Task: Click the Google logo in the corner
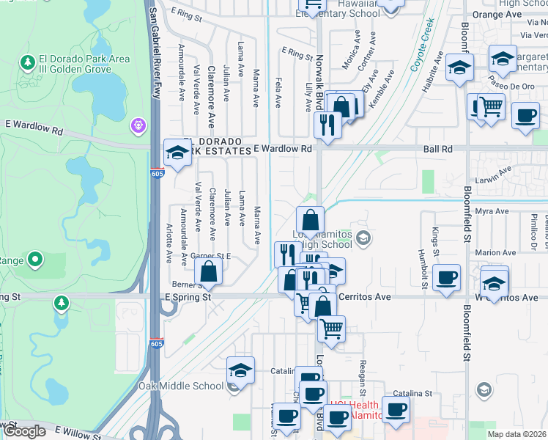[x=24, y=431]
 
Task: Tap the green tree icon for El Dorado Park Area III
[x=29, y=62]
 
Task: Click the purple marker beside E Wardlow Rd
[x=138, y=126]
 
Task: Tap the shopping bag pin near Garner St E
[x=209, y=271]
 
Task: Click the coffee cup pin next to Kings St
[x=446, y=278]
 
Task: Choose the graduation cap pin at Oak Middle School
[x=240, y=372]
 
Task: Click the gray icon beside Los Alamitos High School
[x=363, y=238]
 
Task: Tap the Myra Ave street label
[x=492, y=211]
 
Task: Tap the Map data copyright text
[x=517, y=434]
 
